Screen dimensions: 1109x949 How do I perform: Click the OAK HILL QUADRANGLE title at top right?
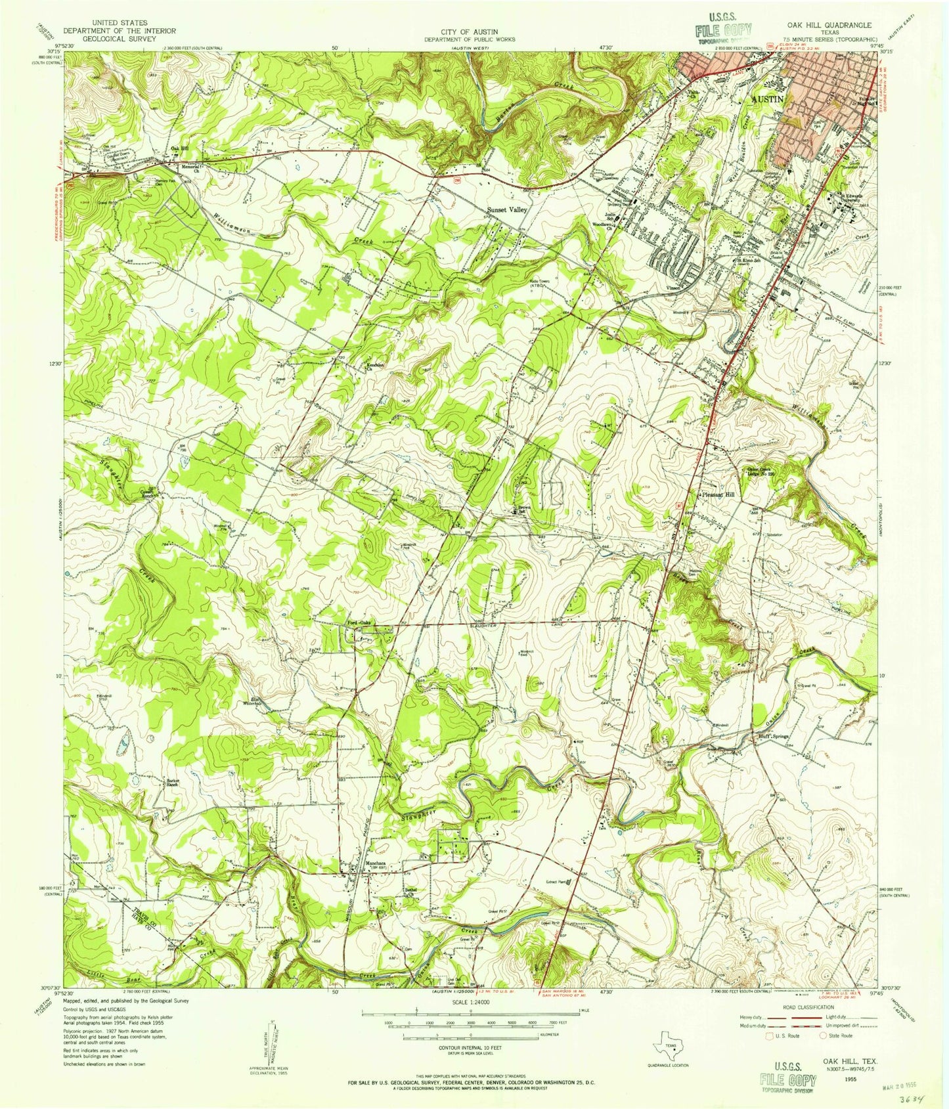pos(829,25)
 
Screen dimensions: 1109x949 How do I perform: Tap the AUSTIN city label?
pos(768,99)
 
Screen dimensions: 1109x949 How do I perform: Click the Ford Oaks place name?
pos(360,624)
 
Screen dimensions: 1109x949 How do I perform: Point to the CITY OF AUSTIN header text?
pos(470,32)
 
